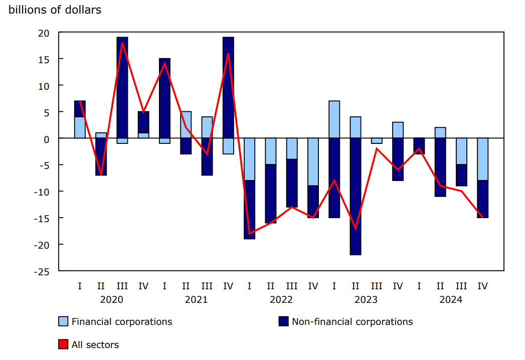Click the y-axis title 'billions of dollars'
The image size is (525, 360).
click(x=55, y=10)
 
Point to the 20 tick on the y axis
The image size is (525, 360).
click(x=44, y=33)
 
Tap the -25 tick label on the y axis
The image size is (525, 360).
click(x=42, y=271)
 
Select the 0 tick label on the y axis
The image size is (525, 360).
click(x=47, y=139)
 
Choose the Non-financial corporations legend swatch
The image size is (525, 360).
click(x=284, y=322)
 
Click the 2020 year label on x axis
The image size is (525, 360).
click(x=111, y=300)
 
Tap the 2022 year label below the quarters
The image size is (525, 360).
click(x=281, y=300)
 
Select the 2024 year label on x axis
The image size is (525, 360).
click(x=451, y=300)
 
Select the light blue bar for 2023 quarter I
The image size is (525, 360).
click(x=334, y=119)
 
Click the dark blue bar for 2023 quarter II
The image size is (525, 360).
click(x=356, y=196)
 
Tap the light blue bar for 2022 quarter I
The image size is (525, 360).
click(x=249, y=159)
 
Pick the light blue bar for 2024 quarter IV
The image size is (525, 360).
click(x=482, y=159)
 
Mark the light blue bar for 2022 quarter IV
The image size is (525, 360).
click(x=313, y=161)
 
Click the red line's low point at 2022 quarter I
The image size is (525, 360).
click(x=249, y=234)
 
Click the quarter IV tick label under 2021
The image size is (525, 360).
click(x=228, y=286)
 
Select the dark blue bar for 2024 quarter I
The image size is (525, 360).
click(x=419, y=146)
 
